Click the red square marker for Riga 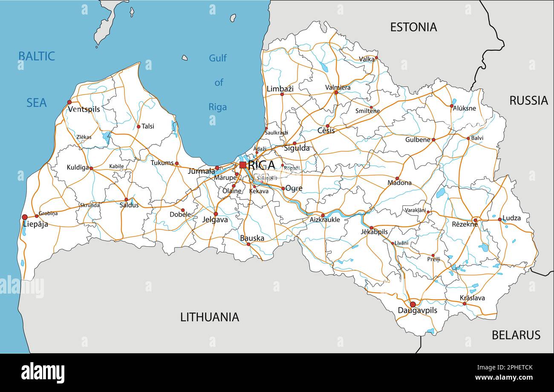coord(242,165)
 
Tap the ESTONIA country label coord(413,27)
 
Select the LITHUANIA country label coord(209,317)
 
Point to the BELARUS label coord(516,335)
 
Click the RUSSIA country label coord(528,101)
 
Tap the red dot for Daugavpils coord(413,304)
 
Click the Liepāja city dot coord(25,217)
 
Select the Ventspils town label coord(84,110)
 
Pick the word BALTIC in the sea coord(36,56)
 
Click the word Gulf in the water coord(218,58)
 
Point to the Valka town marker coord(376,58)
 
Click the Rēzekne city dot coord(475,220)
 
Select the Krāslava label coord(472,298)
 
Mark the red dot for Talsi coord(138,127)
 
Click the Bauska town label coord(252,238)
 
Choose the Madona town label coord(399,183)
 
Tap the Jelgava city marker coord(216,214)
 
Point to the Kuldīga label coord(78,168)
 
